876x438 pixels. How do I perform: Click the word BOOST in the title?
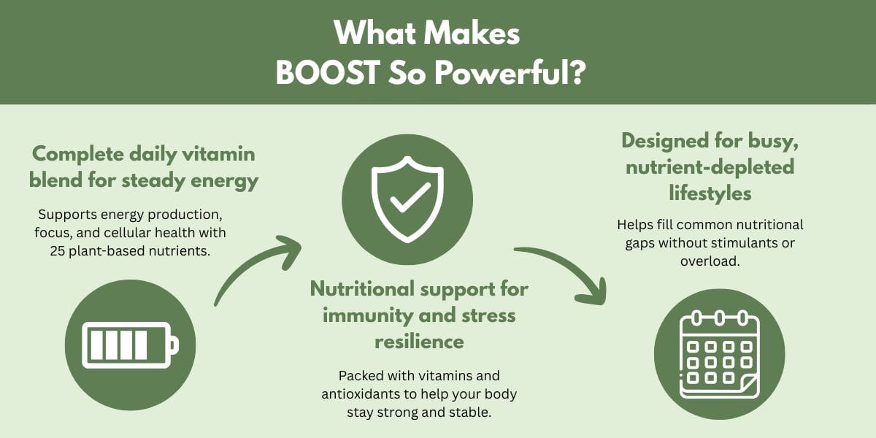click(x=328, y=73)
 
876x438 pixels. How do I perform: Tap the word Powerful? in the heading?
click(x=510, y=73)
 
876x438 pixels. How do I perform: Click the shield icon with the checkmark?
click(x=407, y=199)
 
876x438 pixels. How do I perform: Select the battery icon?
click(x=130, y=345)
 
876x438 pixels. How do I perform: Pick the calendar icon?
click(x=720, y=354)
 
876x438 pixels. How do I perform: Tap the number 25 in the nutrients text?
click(x=58, y=251)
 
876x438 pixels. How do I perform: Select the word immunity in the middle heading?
click(x=364, y=315)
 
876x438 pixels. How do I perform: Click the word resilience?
click(x=419, y=342)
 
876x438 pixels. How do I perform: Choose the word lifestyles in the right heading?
click(x=710, y=193)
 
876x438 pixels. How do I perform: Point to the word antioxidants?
click(x=360, y=393)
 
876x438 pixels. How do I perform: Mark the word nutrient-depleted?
click(x=710, y=167)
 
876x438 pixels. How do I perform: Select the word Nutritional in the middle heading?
click(x=362, y=289)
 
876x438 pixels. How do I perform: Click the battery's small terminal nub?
click(x=174, y=345)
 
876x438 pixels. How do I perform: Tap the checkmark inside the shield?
click(x=410, y=199)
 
